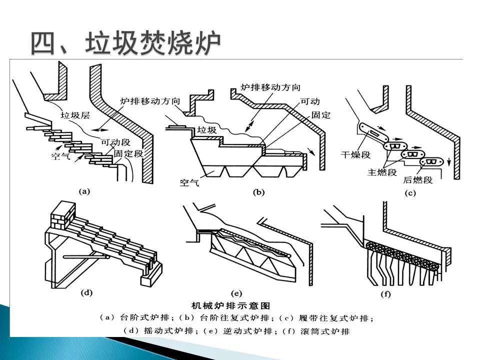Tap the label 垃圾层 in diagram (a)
click(75, 114)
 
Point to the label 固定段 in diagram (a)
click(128, 153)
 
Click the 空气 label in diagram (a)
click(61, 156)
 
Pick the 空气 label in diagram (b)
click(189, 183)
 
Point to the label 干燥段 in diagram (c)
click(355, 154)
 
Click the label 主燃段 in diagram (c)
click(382, 172)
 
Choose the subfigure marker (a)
click(85, 191)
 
